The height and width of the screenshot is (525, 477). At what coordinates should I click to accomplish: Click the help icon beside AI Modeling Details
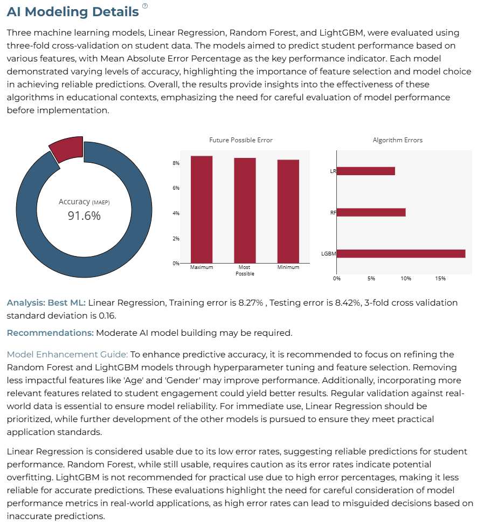[x=145, y=6]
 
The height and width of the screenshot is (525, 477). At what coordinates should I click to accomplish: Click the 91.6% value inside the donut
[x=84, y=216]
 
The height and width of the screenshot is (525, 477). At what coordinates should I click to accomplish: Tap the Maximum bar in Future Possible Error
[x=202, y=210]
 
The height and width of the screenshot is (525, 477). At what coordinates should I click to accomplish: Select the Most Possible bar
[x=245, y=211]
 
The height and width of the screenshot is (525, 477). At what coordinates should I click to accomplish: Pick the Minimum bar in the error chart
[x=288, y=212]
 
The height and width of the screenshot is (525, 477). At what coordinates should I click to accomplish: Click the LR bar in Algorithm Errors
[x=366, y=171]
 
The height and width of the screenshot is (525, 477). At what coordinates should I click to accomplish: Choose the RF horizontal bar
[x=371, y=212]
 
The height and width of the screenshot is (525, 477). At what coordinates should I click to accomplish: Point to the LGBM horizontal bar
[x=401, y=254]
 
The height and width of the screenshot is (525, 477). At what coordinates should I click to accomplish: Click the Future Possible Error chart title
[x=241, y=140]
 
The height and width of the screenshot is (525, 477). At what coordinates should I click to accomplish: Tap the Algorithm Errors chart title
[x=398, y=140]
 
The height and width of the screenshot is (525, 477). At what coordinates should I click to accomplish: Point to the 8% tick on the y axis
[x=176, y=163]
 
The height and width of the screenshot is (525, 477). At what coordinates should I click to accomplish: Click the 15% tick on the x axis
[x=440, y=279]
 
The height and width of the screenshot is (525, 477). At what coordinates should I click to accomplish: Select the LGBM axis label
[x=328, y=254]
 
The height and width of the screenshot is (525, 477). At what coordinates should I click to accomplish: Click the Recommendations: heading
[x=50, y=333]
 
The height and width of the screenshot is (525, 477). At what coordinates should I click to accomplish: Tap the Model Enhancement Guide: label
[x=67, y=354]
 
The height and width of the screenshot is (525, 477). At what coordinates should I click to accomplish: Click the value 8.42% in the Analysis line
[x=348, y=303]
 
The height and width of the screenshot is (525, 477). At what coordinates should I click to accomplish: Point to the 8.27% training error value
[x=251, y=303]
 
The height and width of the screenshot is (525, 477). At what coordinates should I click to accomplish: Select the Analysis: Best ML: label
[x=46, y=303]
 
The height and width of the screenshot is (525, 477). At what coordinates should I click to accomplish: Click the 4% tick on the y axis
[x=176, y=213]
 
